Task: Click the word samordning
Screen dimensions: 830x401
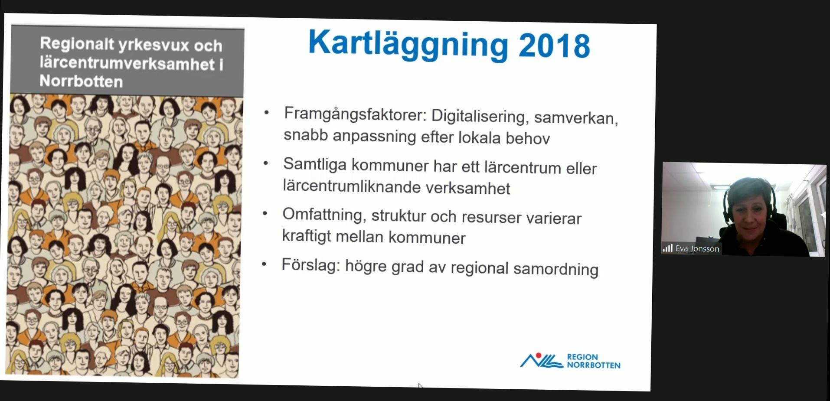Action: (556, 269)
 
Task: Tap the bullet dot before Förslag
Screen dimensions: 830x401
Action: (264, 264)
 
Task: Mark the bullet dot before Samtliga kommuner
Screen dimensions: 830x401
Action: (265, 163)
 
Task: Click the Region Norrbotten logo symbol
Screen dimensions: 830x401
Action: (541, 360)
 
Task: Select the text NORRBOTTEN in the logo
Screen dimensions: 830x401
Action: (594, 365)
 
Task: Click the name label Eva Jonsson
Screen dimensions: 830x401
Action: (697, 249)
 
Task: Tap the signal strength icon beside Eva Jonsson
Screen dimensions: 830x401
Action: (667, 248)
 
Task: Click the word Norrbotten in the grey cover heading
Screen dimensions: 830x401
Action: (81, 81)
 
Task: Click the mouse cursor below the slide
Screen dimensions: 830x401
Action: (420, 386)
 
